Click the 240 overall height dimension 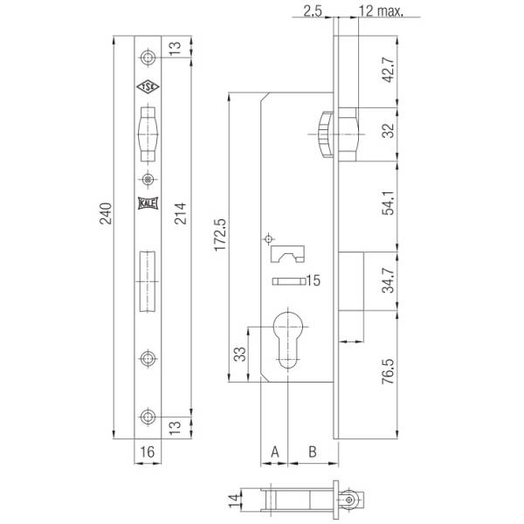pyautogui.click(x=107, y=213)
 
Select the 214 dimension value pyautogui.click(x=181, y=213)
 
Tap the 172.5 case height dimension pyautogui.click(x=220, y=235)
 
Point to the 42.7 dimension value pyautogui.click(x=389, y=70)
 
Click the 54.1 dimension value pyautogui.click(x=389, y=203)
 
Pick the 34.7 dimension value pyautogui.click(x=389, y=280)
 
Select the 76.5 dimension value pyautogui.click(x=389, y=371)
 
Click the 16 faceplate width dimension pyautogui.click(x=148, y=452)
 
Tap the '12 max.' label pyautogui.click(x=381, y=11)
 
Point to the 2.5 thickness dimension pyautogui.click(x=313, y=11)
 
